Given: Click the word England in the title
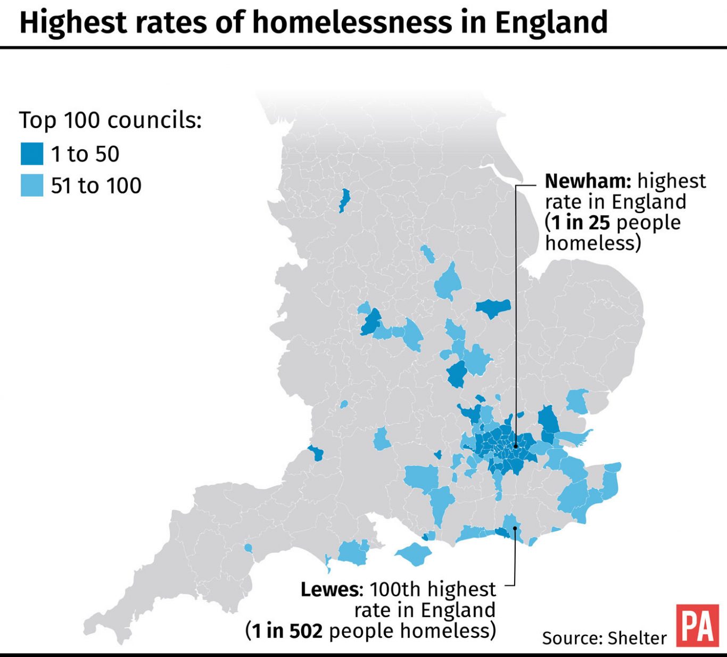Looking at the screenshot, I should click(x=551, y=22).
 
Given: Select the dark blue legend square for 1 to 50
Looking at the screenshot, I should click(x=31, y=154).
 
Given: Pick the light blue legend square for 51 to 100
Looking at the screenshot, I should click(x=31, y=186).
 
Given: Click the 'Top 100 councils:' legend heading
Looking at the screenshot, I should click(x=110, y=120).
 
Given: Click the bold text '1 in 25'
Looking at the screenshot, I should click(x=581, y=223).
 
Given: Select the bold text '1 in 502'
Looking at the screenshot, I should click(x=287, y=631).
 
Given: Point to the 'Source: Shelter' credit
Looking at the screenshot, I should click(x=604, y=638).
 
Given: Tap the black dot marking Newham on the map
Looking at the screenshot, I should click(x=515, y=446).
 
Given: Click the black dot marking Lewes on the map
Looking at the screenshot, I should click(x=515, y=528).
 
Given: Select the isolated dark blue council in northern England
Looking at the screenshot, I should click(x=344, y=201).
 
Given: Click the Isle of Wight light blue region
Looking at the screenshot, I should click(x=414, y=554).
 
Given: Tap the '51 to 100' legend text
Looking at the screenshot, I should click(x=96, y=186).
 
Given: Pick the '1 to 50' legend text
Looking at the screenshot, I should click(x=85, y=154).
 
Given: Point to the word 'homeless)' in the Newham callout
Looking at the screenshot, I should click(x=593, y=243).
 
